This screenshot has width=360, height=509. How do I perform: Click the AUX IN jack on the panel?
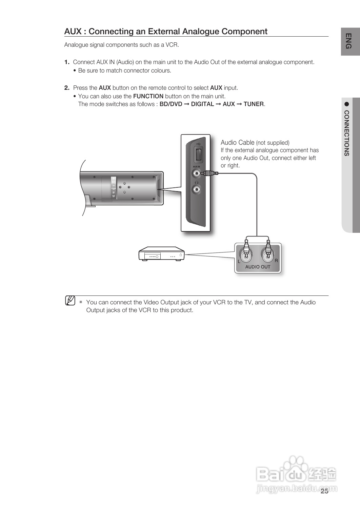click(196, 174)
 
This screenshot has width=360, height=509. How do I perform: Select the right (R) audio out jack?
click(268, 254)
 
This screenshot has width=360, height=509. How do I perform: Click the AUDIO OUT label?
click(258, 267)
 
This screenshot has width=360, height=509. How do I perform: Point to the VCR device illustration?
click(161, 254)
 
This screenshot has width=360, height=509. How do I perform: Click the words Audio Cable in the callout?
click(237, 142)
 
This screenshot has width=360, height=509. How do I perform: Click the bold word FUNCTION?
click(148, 96)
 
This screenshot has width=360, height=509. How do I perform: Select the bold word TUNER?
click(254, 104)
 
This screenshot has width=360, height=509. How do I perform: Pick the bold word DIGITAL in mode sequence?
click(202, 104)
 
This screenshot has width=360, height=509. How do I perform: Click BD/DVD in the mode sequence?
click(171, 104)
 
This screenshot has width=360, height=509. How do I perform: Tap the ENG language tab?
click(349, 41)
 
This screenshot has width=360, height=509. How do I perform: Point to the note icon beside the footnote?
click(70, 300)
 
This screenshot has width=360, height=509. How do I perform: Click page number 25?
click(324, 491)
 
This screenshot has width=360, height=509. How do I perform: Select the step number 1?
click(67, 62)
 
